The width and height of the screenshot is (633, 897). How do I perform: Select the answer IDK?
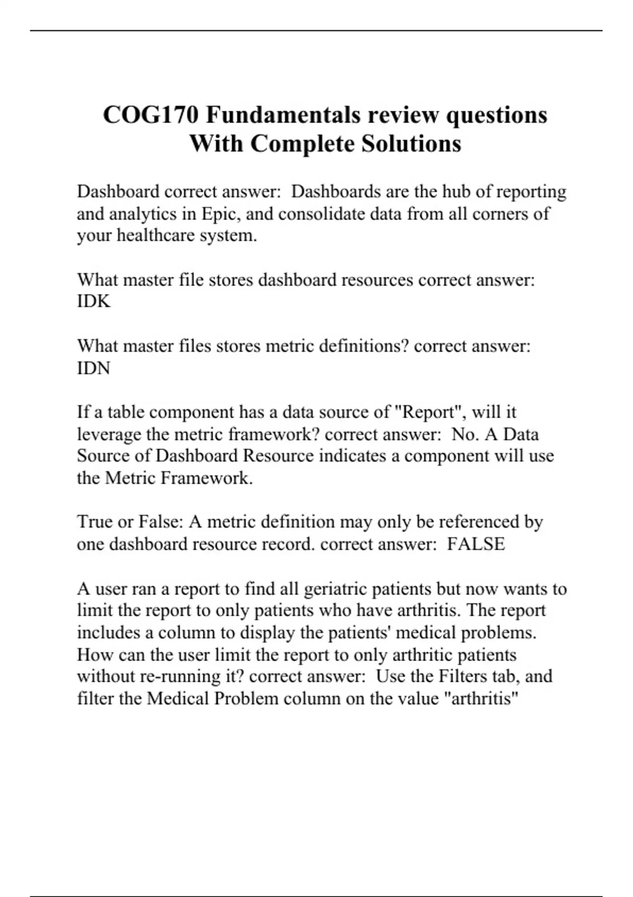click(x=93, y=301)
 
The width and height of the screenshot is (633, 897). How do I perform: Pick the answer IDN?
click(x=93, y=368)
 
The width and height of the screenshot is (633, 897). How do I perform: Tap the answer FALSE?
click(x=476, y=544)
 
